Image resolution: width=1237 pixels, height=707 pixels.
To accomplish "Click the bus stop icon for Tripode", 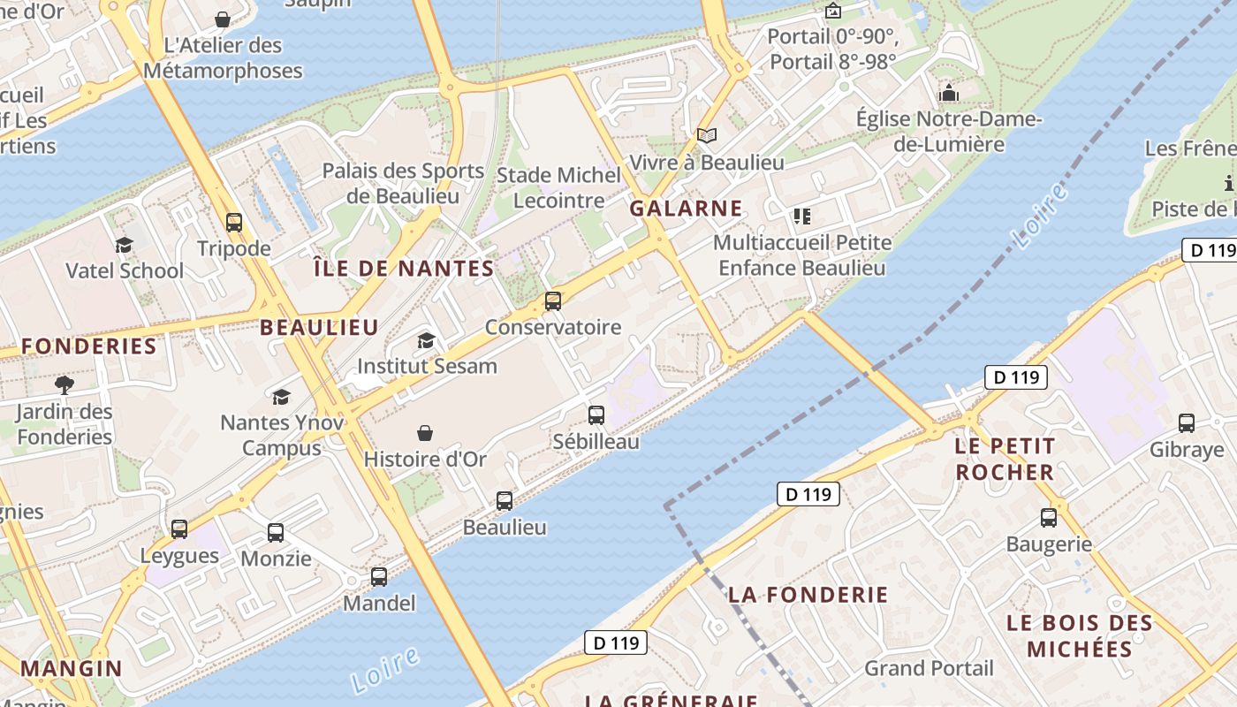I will [x=234, y=223].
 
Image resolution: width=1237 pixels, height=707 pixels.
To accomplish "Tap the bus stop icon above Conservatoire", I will [x=553, y=301].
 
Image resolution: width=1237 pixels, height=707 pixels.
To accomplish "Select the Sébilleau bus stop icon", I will [x=596, y=415].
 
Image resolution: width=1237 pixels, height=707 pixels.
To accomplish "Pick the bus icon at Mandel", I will [x=379, y=577].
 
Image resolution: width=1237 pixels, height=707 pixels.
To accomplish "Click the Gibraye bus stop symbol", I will [x=1187, y=423].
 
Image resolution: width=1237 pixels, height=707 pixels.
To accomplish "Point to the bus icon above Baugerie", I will [x=1049, y=518].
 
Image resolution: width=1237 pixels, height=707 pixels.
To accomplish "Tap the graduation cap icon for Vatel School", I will [x=124, y=245].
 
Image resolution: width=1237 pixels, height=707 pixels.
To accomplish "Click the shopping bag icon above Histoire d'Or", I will [x=425, y=433].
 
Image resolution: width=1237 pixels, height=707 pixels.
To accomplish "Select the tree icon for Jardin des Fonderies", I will [x=64, y=384].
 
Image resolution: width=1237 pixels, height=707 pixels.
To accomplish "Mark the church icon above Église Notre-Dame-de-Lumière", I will [x=949, y=93].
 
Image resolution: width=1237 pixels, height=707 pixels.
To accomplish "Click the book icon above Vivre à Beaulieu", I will [x=706, y=136].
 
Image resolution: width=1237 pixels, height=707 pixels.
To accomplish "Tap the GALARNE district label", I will [x=686, y=209].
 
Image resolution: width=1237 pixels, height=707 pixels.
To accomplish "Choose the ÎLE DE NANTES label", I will [x=404, y=269].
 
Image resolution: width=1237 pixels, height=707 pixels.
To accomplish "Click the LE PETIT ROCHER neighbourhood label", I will [x=1005, y=459].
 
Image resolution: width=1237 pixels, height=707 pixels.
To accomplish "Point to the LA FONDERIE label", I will [x=808, y=595].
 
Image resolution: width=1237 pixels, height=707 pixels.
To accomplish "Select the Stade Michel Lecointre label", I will [x=558, y=187].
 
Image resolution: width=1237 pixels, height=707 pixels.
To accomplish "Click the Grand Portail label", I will [x=929, y=668].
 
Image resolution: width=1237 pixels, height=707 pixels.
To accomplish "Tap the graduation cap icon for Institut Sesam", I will [x=427, y=340].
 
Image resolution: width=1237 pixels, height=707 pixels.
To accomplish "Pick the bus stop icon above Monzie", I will [x=276, y=533].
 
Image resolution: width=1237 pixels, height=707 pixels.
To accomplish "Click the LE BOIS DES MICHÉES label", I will [x=1080, y=636].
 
